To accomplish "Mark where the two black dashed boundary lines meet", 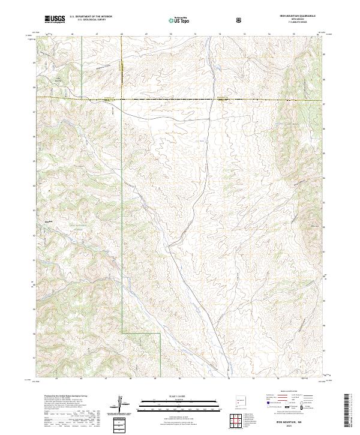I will (122, 97).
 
